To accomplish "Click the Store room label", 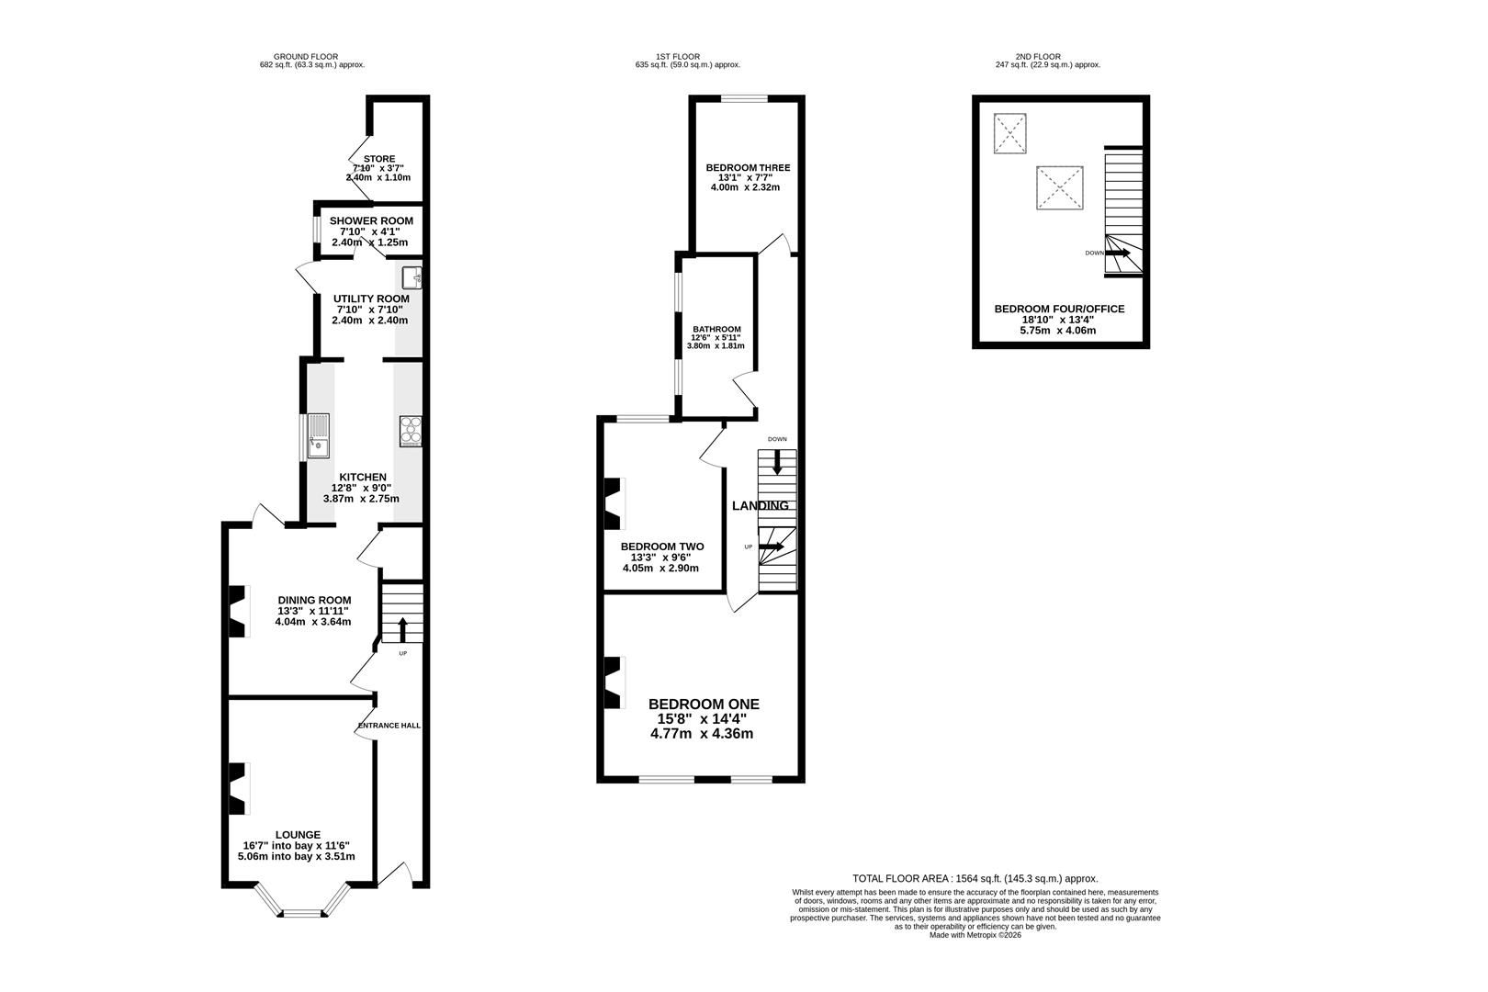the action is pos(379,159).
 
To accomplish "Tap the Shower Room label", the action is pos(371,220).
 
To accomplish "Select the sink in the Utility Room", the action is pos(411,277).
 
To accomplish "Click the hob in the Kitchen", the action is pos(411,431).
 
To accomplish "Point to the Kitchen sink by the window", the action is pos(319,436).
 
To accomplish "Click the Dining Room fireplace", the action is pos(239,611).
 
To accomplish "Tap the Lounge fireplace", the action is pos(239,788).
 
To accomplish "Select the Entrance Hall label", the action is pos(389,726).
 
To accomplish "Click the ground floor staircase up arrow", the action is pos(402,628).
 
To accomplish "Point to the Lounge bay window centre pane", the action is pos(302,914).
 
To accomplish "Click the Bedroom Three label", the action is pos(748,167).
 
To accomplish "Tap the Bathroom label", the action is pos(716,329).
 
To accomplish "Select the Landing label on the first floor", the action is pos(761,505).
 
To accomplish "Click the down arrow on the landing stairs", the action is pos(777,462).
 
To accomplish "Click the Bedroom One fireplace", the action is pos(614,682).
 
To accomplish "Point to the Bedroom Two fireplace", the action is pos(614,503).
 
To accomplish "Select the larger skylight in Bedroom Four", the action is pos(1060,188).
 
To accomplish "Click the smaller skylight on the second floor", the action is pos(1009,133).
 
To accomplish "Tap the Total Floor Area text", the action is pos(975,878).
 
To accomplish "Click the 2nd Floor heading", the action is pos(1038,56).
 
